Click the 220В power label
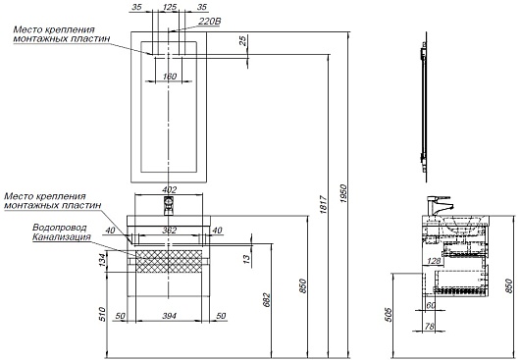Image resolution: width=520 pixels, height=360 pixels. (x=210, y=22)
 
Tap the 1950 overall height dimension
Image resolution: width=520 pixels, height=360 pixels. (x=343, y=194)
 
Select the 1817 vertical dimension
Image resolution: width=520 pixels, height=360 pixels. (x=324, y=205)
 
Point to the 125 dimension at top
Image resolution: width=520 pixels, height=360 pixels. (x=170, y=7)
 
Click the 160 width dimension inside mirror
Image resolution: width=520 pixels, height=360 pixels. (x=170, y=77)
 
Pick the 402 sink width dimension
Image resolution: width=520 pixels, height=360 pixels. (x=169, y=190)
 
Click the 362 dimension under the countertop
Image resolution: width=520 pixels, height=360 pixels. (x=169, y=231)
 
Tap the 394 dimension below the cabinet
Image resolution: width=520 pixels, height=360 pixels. (x=169, y=316)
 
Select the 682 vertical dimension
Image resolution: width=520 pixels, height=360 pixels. (x=267, y=300)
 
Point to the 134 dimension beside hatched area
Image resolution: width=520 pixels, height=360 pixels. (x=103, y=260)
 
